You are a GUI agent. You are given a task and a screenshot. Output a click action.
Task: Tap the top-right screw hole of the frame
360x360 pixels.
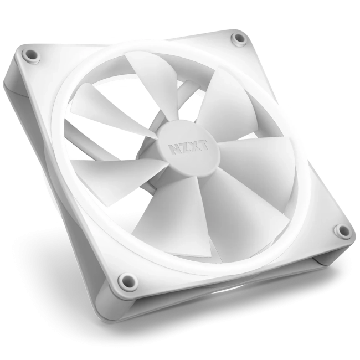tap(239, 39)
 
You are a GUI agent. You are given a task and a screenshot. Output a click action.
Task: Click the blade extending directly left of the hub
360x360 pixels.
tap(111, 172)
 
